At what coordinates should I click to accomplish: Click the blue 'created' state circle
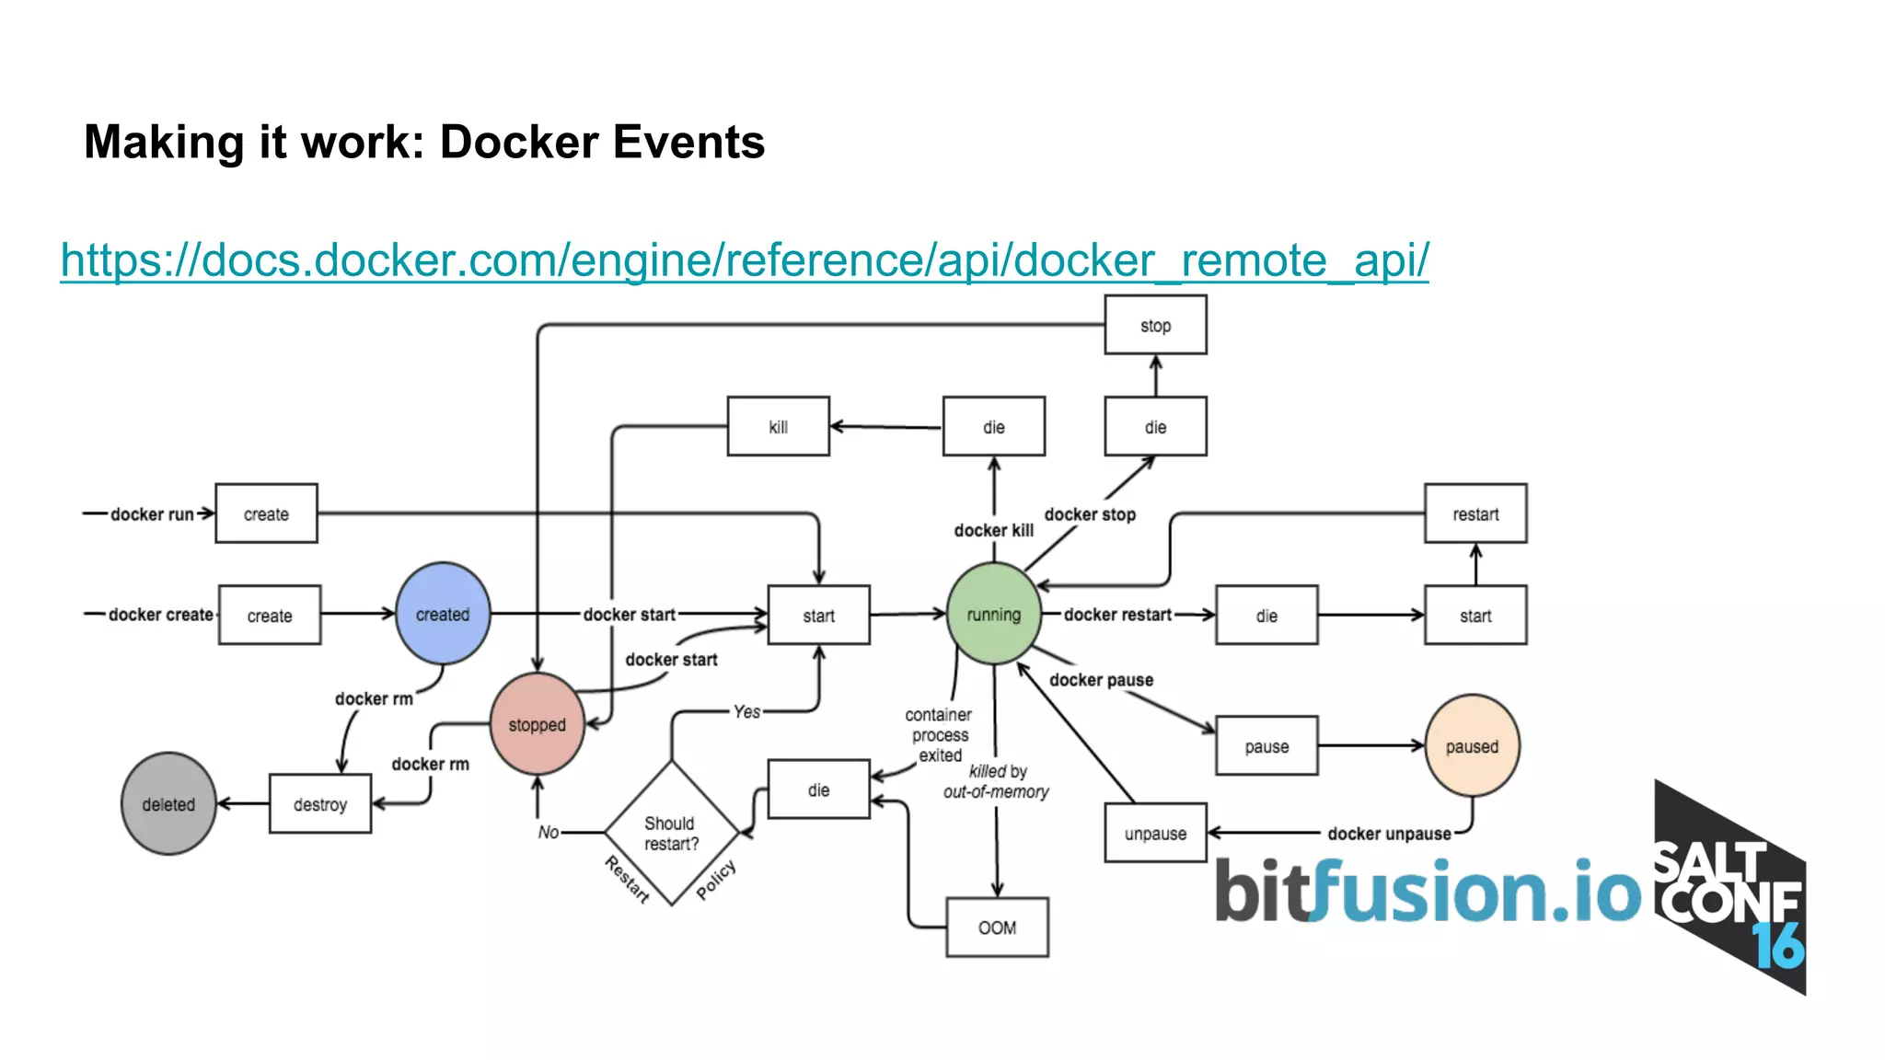[443, 614]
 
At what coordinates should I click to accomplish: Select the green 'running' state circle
[993, 614]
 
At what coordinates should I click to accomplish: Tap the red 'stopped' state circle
[538, 724]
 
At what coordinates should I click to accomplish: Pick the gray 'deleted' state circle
[168, 804]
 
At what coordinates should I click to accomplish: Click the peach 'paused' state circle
[1472, 746]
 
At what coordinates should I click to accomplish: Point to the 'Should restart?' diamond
[671, 833]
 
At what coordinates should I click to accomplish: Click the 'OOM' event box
[997, 927]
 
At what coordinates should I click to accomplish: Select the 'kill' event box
[779, 427]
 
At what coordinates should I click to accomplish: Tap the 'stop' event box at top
[1155, 325]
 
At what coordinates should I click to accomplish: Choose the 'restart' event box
[1475, 513]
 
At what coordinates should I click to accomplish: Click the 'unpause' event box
[1155, 834]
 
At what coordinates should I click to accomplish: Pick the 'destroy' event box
[320, 804]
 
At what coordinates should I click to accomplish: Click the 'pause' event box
[1266, 746]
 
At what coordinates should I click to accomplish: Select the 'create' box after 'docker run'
[266, 513]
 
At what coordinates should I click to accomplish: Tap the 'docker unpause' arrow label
[1389, 834]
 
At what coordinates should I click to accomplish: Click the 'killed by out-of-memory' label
[997, 781]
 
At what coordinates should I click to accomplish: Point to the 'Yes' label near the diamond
[746, 711]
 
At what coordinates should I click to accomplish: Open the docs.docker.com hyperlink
[744, 259]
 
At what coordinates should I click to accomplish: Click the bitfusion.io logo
[1427, 891]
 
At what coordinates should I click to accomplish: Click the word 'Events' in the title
[688, 143]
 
